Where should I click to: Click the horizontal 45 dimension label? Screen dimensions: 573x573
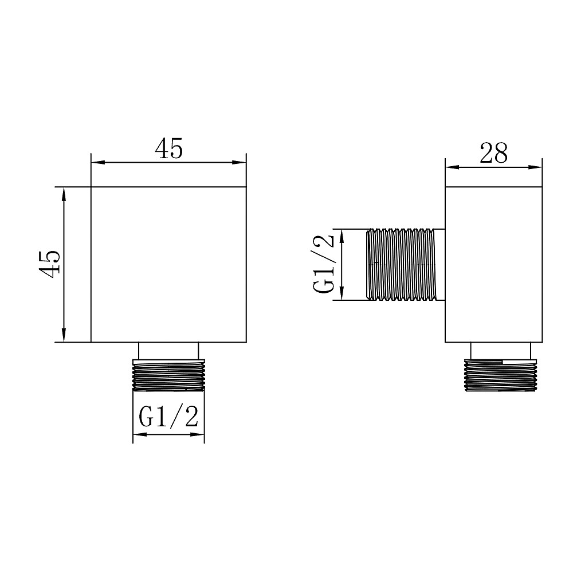(168, 148)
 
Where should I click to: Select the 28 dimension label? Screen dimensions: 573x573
(493, 153)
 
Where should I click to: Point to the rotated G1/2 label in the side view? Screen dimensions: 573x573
(323, 264)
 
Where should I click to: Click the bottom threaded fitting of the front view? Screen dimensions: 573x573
(168, 375)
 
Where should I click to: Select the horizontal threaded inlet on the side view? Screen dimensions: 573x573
(405, 265)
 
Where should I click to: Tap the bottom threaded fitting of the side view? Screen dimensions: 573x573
(500, 375)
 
